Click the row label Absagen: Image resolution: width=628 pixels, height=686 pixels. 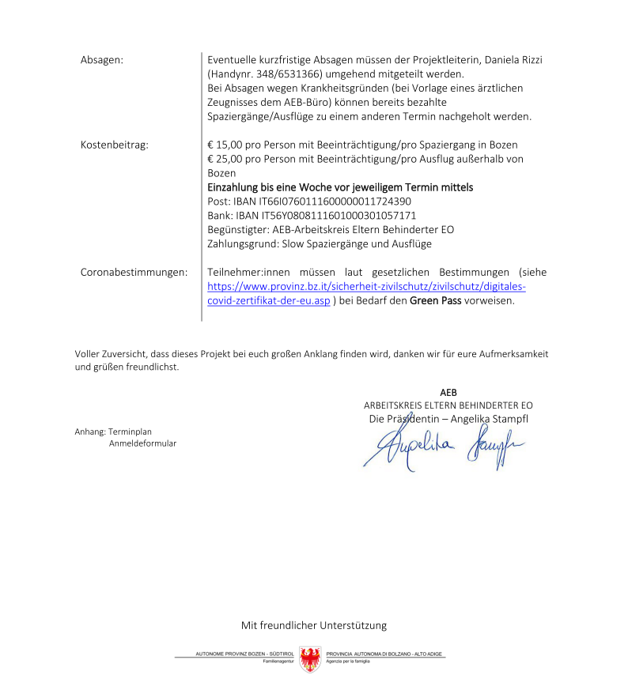coord(102,60)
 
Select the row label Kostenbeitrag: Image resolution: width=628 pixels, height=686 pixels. coord(114,145)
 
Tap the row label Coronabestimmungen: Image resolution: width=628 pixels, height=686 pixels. coord(134,272)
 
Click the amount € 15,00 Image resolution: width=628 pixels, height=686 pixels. coord(228,145)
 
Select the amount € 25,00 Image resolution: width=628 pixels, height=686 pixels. coord(228,159)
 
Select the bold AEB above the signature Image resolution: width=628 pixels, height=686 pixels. coord(448,393)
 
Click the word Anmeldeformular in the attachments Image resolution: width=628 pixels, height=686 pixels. coord(142,443)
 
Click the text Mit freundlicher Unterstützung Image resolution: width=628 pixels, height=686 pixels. coord(314,625)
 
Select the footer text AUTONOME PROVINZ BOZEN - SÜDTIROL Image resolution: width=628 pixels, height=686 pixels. coord(244,654)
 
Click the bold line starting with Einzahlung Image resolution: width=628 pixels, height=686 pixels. coord(340,187)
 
